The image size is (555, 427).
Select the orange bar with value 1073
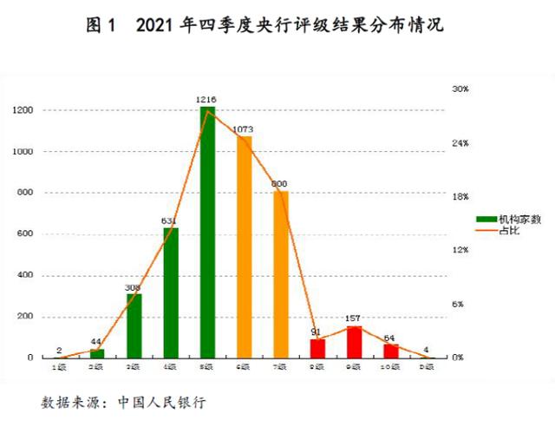click(x=245, y=247)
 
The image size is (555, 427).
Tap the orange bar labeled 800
click(x=281, y=274)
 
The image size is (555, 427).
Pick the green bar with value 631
click(x=171, y=292)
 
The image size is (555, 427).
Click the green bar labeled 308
click(x=134, y=325)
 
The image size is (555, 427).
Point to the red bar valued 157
click(x=354, y=341)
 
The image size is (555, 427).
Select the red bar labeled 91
click(x=317, y=348)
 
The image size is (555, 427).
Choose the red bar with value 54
click(x=391, y=351)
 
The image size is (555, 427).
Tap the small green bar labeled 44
click(x=97, y=353)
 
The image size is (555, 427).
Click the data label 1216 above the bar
click(x=207, y=101)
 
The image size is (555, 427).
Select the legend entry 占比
click(x=504, y=230)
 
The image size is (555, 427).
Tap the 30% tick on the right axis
click(x=460, y=89)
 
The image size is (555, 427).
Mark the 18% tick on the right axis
click(x=460, y=196)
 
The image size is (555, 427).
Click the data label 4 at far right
click(x=426, y=350)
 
